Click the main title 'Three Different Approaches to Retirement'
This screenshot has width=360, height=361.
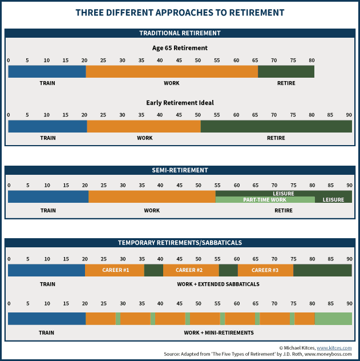180,12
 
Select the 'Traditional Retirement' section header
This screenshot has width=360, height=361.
180,33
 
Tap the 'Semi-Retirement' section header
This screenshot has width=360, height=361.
180,170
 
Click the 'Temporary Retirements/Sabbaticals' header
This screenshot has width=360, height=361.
180,242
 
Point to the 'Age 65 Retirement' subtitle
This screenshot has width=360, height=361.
180,48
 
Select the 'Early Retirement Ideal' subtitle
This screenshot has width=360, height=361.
180,103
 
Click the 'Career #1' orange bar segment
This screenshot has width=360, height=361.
115,270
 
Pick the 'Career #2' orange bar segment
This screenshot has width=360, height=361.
191,270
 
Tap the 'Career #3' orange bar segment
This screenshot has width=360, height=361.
265,270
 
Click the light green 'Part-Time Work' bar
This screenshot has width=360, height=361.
265,200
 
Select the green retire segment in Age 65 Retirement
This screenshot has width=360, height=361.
286,71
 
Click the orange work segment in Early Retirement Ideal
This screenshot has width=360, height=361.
144,126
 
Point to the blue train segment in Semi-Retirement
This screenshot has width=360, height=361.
48,196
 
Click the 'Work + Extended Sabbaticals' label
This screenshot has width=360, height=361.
218,284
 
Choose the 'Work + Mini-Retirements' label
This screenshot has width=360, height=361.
218,332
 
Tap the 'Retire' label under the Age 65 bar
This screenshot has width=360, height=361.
286,83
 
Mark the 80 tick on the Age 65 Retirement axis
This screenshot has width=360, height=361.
312,60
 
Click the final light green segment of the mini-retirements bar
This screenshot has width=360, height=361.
333,319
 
